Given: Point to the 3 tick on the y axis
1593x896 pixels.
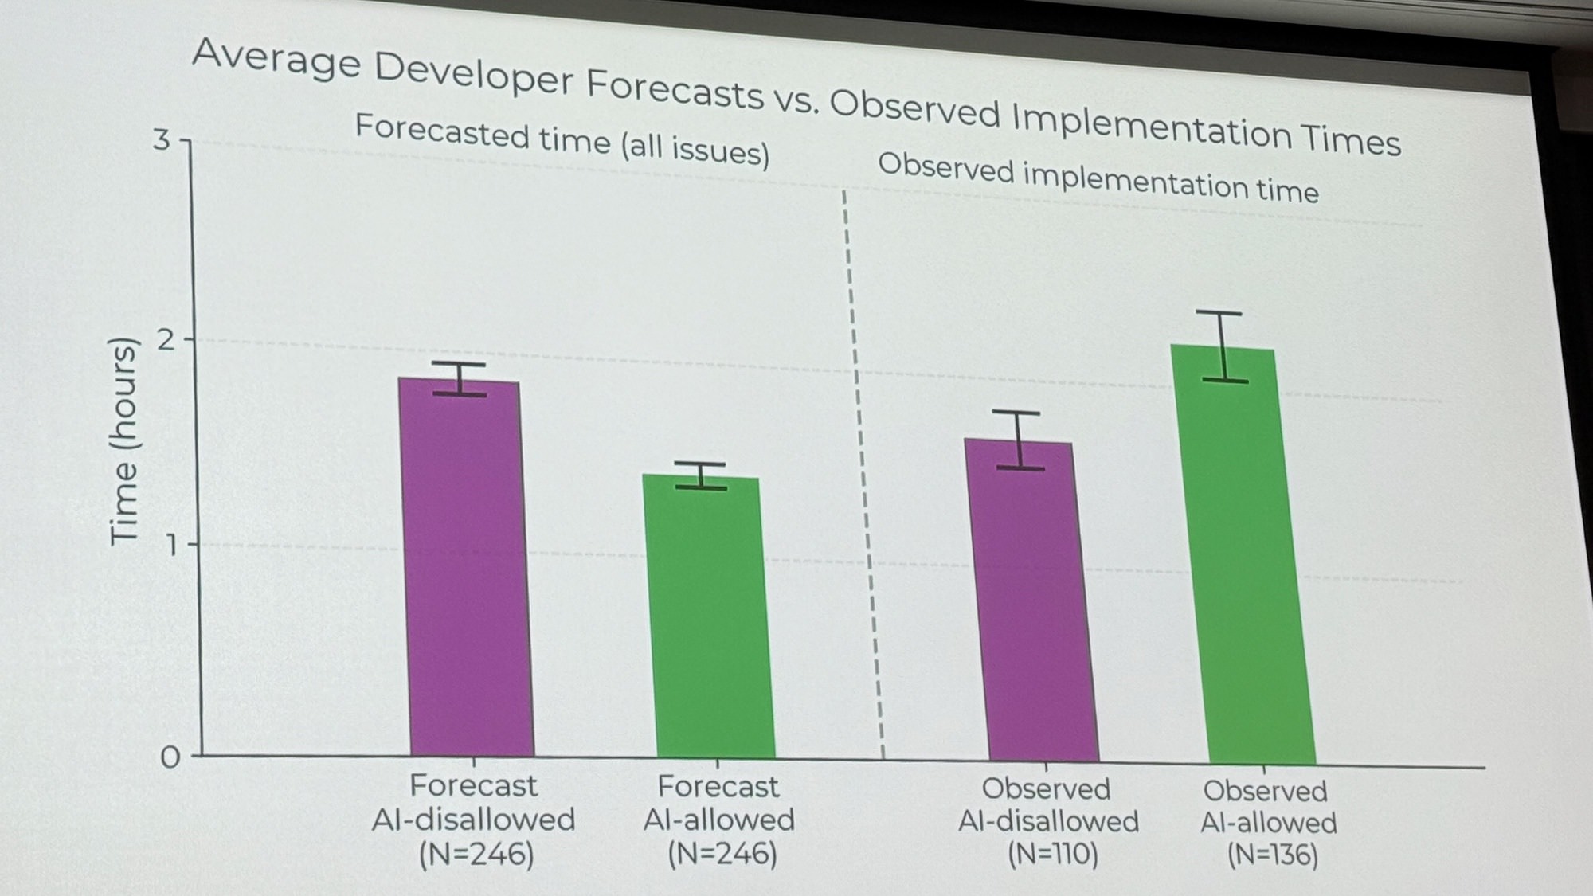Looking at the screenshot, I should click(x=162, y=140).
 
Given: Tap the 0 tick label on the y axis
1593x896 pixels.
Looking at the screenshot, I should click(x=170, y=757).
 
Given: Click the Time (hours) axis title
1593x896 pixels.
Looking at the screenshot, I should click(x=123, y=442).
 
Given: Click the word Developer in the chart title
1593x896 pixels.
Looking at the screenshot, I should click(x=473, y=73).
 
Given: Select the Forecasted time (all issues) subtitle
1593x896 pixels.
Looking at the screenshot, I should click(x=562, y=140).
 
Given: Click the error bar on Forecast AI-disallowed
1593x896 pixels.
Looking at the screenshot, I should click(x=460, y=379).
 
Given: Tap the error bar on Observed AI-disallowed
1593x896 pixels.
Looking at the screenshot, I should click(x=1019, y=440).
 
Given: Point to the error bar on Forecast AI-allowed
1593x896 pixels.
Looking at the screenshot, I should click(x=701, y=475).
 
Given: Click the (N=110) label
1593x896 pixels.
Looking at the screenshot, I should click(x=1052, y=855).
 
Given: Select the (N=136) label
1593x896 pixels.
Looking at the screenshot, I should click(x=1272, y=855).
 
